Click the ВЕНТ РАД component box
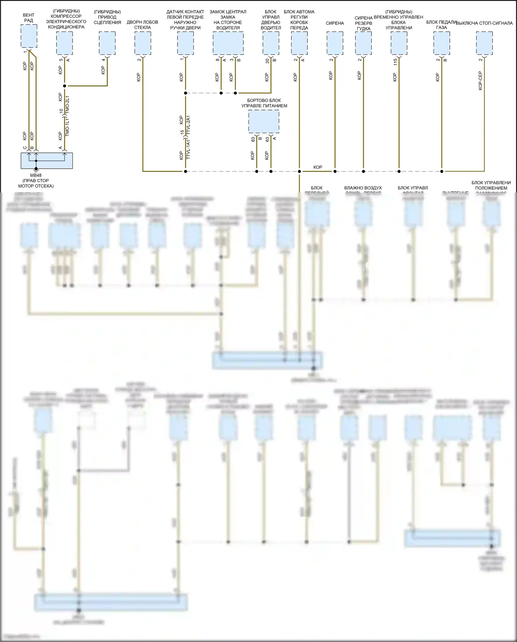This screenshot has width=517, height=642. (29, 36)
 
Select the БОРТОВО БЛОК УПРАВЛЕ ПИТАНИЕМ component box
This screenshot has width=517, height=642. (264, 121)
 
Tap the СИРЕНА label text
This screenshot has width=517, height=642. (335, 23)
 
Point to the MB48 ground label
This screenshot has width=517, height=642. (36, 175)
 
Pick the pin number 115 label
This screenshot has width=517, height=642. (395, 62)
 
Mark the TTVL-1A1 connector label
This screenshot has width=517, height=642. (188, 149)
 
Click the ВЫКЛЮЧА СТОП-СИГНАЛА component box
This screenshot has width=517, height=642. (484, 43)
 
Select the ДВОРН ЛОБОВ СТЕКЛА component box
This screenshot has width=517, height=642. (143, 43)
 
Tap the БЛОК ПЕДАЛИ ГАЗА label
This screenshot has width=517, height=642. (441, 25)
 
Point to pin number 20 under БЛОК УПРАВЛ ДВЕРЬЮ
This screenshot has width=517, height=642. (267, 61)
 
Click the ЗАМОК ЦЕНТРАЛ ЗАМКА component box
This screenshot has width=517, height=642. (228, 43)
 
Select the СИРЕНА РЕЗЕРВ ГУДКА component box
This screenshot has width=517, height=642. (363, 43)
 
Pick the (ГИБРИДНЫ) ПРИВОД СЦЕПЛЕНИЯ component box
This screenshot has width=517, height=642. (107, 43)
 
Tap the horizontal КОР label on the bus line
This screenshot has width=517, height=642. (318, 167)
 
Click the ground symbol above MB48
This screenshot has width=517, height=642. (36, 169)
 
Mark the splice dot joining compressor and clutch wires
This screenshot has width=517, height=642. (64, 86)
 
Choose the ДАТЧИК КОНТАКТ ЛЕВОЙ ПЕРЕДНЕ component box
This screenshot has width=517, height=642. (185, 43)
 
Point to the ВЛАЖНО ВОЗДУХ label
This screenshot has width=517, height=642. (363, 188)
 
